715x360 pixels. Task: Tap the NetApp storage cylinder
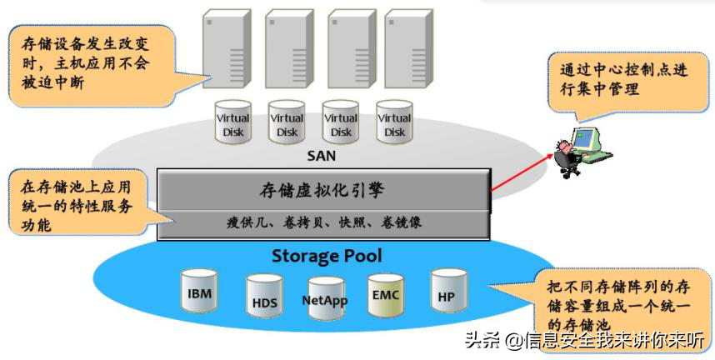point(324,297)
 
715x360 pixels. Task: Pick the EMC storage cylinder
point(386,293)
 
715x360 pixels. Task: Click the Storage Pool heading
point(326,255)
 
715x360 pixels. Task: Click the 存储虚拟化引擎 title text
point(322,190)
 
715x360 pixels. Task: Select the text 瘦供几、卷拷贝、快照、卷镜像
point(323,222)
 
